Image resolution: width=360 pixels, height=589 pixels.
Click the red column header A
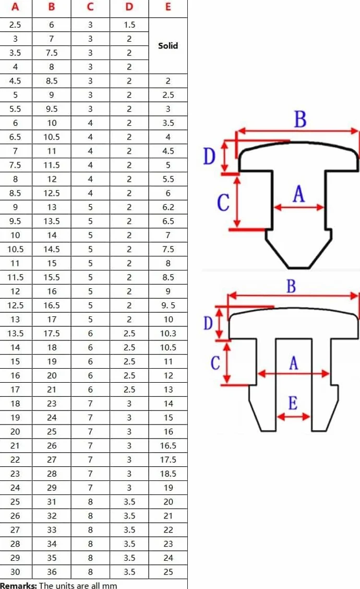point(15,7)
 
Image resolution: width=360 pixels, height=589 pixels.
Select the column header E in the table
point(168,7)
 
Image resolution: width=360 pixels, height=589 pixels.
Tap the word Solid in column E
point(168,46)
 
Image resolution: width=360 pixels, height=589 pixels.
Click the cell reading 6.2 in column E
point(168,207)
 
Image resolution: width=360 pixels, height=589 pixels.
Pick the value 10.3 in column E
point(168,334)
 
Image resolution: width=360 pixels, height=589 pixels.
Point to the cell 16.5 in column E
point(168,446)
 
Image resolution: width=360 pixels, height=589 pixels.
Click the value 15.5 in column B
point(52,278)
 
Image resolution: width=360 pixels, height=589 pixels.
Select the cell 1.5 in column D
point(129,25)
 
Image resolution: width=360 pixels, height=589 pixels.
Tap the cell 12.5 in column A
point(15,305)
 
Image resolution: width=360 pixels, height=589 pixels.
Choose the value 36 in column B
point(52,572)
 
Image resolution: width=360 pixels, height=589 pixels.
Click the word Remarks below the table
point(18,585)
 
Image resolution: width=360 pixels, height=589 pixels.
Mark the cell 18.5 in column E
point(168,474)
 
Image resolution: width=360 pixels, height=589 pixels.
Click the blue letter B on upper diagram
point(301,119)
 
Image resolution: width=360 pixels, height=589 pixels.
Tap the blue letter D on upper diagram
point(209,156)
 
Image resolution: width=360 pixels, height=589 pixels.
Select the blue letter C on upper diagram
point(223,203)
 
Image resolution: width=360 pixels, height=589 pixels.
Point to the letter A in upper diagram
point(299,194)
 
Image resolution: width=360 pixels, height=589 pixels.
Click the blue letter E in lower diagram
point(293,403)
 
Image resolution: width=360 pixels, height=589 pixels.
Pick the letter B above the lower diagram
point(291,286)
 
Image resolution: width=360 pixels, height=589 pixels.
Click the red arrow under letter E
point(293,416)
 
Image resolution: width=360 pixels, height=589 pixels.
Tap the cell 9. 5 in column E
point(168,305)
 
